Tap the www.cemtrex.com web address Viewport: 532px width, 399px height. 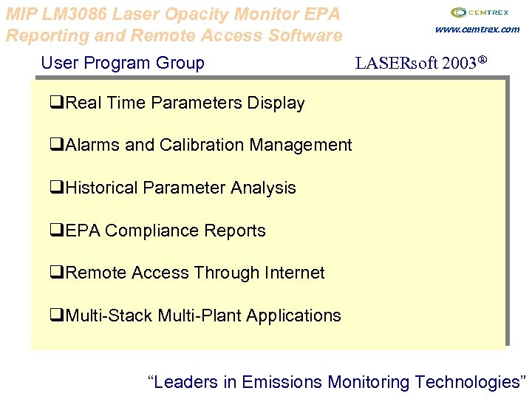(477, 30)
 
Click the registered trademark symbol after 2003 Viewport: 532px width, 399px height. (482, 61)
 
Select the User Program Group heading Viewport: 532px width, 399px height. (123, 63)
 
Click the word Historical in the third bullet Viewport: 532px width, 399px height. (102, 188)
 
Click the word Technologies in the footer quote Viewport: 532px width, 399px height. (467, 382)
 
